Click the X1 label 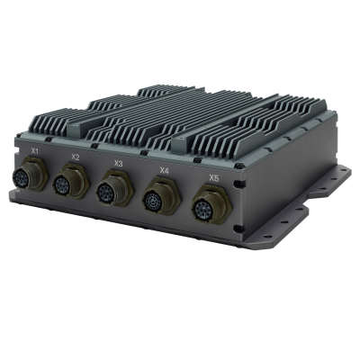tap(34, 149)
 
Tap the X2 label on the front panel tap(75, 157)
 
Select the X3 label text tap(118, 164)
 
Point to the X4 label tap(164, 170)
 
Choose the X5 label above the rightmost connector tap(213, 178)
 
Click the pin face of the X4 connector tap(161, 199)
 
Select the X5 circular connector tap(211, 209)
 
